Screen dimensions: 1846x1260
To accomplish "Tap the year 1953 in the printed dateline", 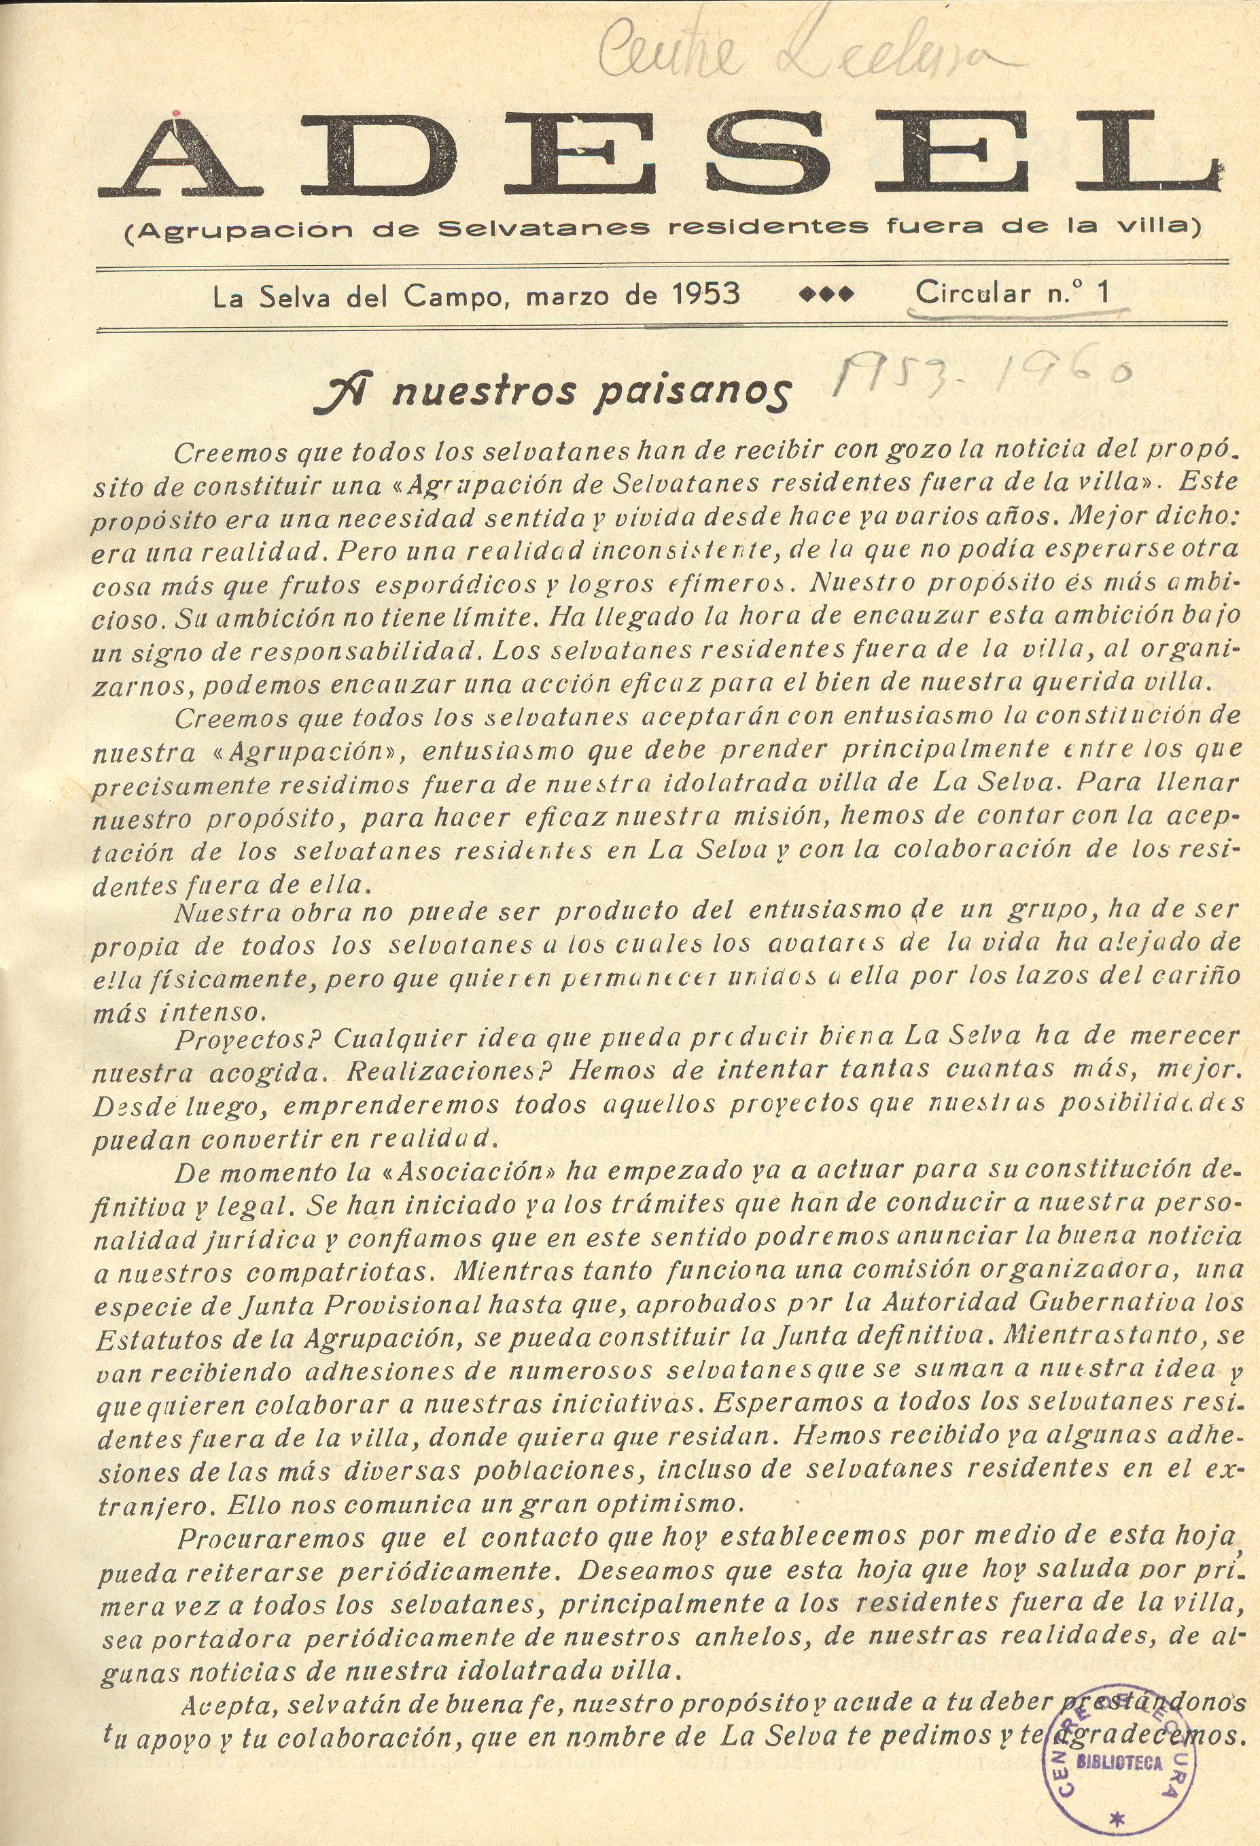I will tap(705, 294).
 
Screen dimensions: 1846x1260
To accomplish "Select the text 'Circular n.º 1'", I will tap(1013, 293).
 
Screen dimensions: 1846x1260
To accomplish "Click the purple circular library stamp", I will tap(1119, 1739).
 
